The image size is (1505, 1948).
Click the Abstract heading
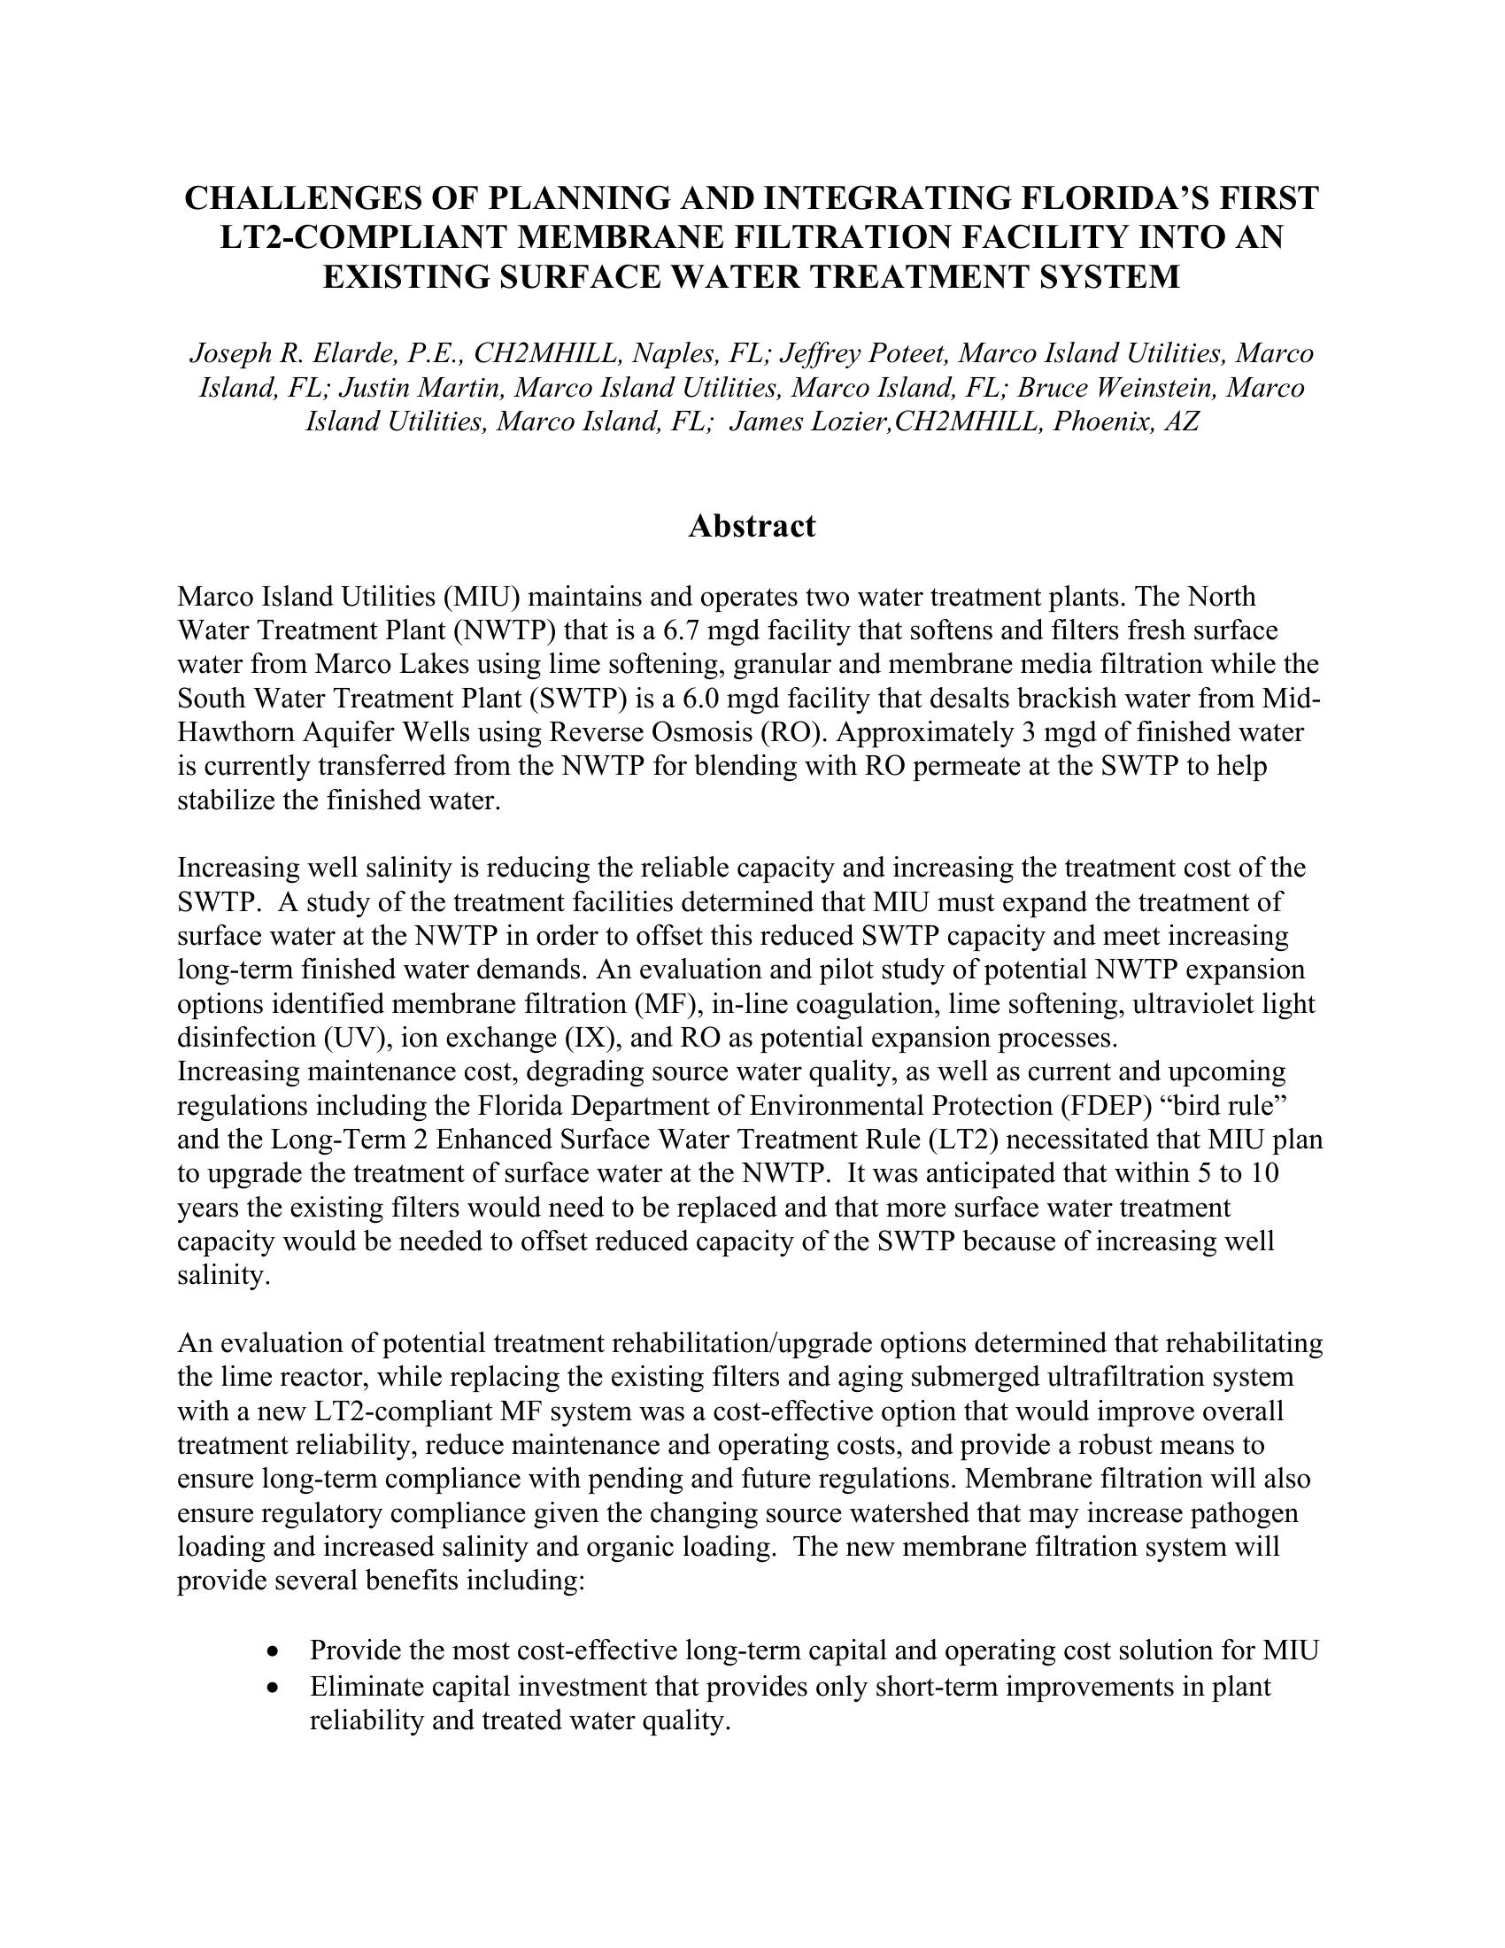(752, 526)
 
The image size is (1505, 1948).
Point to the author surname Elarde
(352, 354)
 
